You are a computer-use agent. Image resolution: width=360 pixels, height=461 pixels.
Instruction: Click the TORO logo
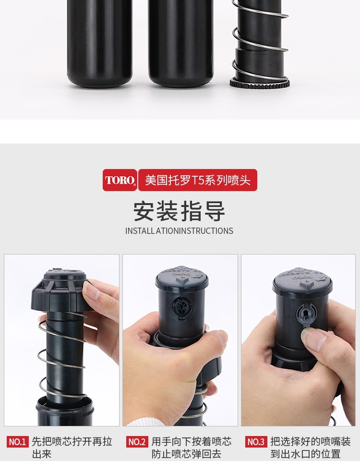(120, 180)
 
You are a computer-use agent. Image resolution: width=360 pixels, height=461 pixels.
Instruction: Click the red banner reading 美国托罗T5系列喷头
(198, 180)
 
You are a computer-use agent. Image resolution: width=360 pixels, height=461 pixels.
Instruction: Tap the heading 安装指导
(179, 211)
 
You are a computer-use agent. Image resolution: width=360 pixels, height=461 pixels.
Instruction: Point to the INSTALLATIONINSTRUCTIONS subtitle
(179, 231)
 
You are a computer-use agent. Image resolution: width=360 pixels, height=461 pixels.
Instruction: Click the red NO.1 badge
(18, 442)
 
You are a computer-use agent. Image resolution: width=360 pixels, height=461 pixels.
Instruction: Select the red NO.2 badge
(137, 442)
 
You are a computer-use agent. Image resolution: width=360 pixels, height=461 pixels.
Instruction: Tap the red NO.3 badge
(256, 442)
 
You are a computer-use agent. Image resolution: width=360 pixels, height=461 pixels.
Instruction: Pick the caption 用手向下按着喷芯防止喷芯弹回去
(192, 448)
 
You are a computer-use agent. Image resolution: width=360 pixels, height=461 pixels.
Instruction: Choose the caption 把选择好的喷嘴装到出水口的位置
(311, 448)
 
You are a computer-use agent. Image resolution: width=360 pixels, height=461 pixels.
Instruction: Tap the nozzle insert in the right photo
(306, 315)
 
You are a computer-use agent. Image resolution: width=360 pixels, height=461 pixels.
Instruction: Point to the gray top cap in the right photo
(302, 281)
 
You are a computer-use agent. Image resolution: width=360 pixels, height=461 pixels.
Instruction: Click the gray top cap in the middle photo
(182, 278)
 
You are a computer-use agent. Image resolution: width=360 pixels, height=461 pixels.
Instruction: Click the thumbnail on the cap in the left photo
(89, 290)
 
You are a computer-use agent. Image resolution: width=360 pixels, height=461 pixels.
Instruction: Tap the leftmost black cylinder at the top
(99, 44)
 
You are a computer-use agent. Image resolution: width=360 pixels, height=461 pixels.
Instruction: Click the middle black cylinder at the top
(181, 44)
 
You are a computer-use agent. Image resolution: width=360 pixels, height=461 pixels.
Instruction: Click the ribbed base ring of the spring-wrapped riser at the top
(260, 83)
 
